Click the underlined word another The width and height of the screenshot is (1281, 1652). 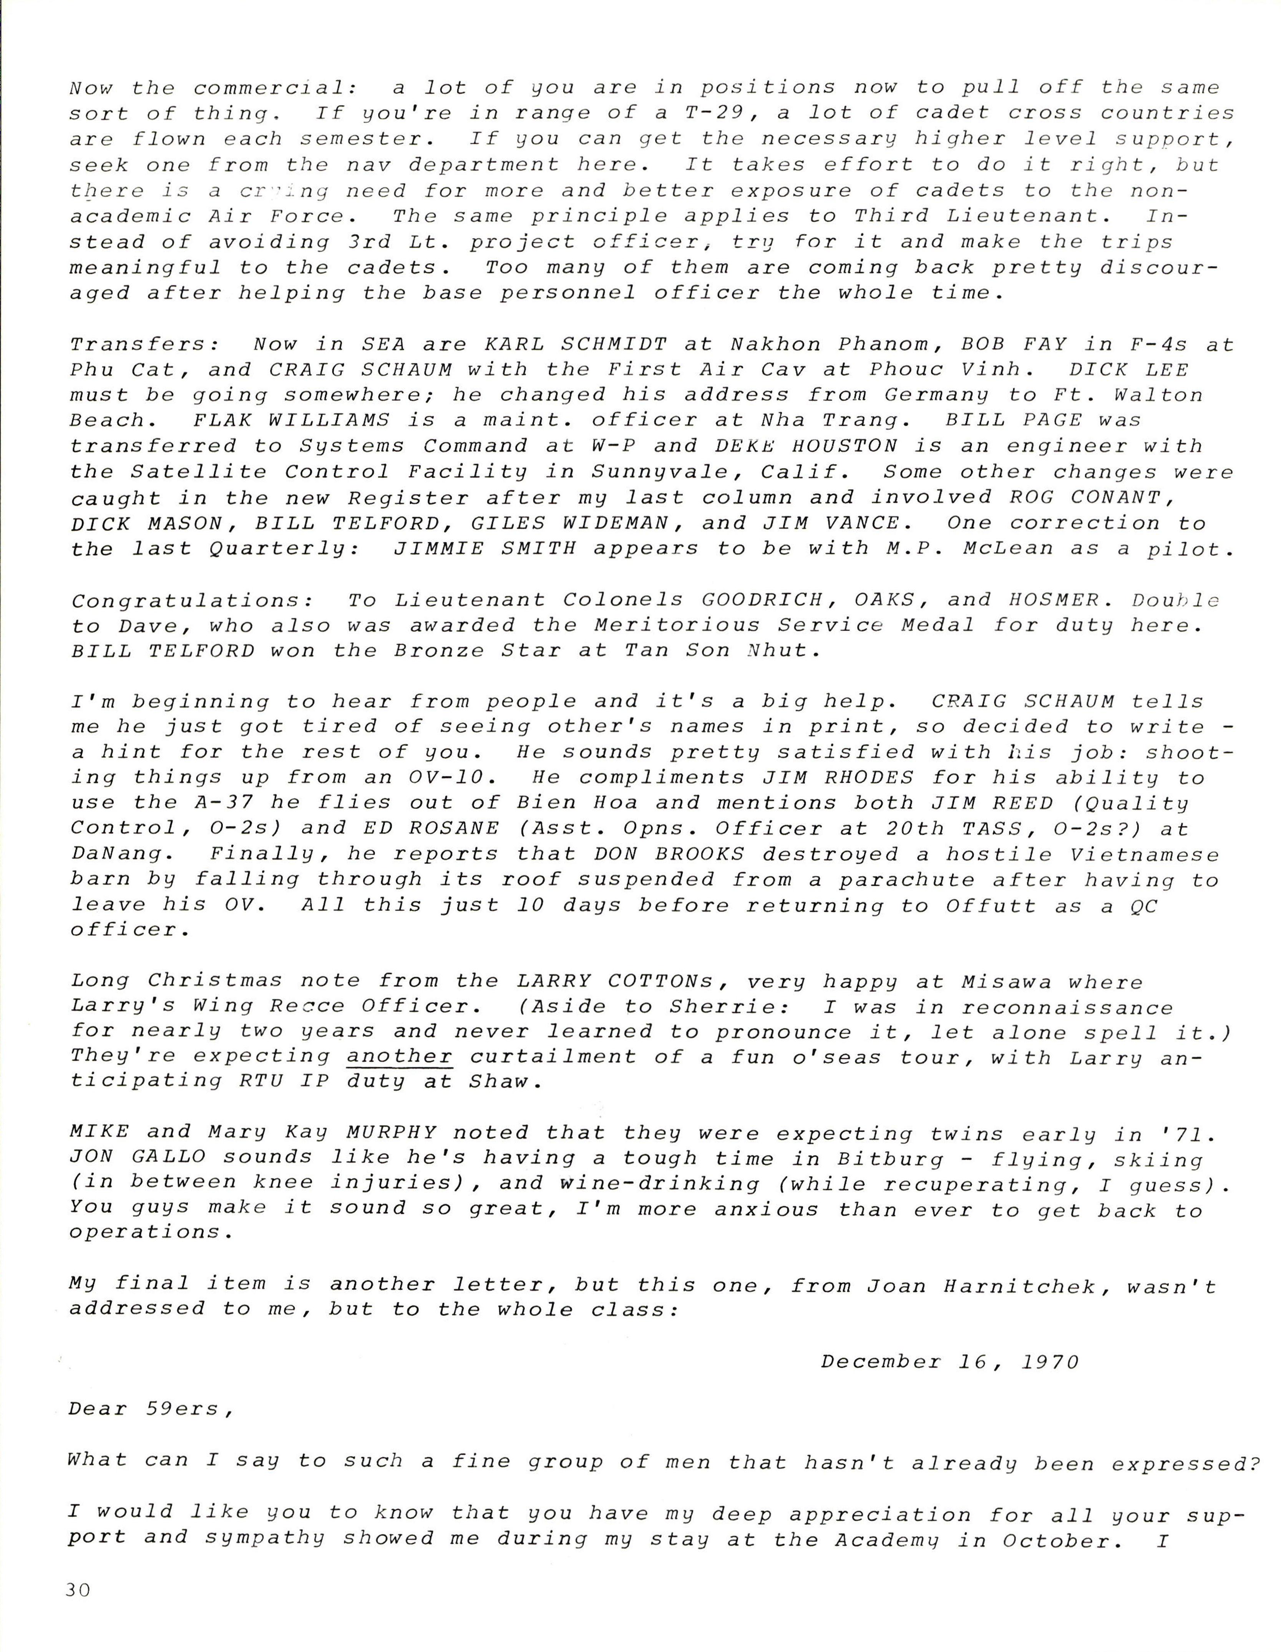(399, 1057)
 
